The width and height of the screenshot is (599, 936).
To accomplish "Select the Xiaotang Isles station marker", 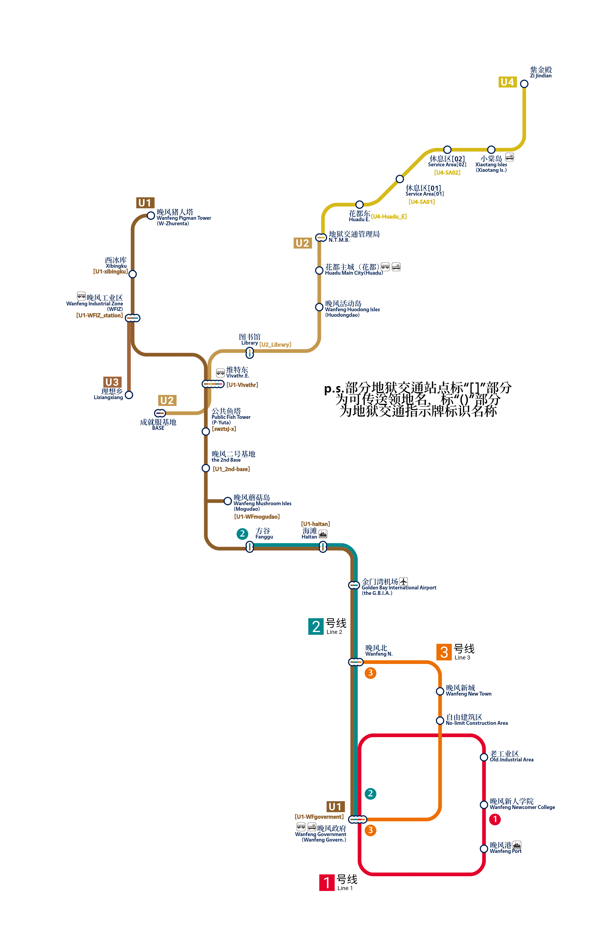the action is (491, 150).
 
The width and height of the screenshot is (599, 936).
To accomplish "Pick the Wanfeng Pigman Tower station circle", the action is (151, 215).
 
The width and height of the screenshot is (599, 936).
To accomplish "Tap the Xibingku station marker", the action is (133, 274).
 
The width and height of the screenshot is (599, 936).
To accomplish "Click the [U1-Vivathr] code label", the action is (242, 385).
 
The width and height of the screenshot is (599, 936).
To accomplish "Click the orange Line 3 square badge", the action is (444, 652).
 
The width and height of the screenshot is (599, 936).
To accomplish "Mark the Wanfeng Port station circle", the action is (484, 849).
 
